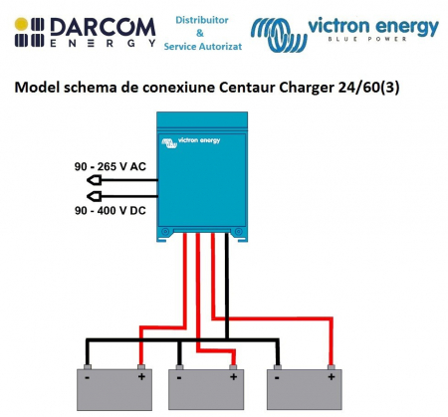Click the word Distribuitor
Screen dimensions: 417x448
click(201, 19)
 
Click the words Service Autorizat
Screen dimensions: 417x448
click(201, 47)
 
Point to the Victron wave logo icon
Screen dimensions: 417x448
click(280, 31)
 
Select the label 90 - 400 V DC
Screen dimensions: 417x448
click(110, 210)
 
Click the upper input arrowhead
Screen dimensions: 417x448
click(92, 180)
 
